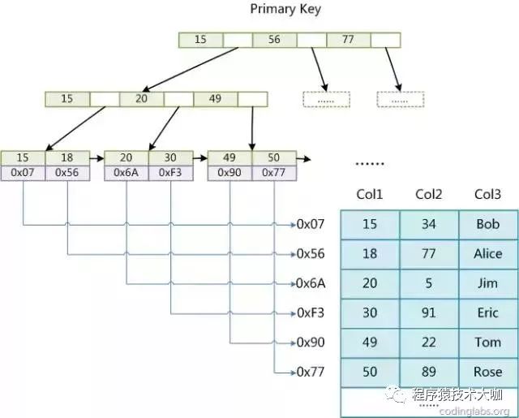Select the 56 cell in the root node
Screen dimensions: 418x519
(274, 39)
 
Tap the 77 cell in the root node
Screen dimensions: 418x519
(348, 39)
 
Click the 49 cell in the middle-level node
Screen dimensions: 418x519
(215, 99)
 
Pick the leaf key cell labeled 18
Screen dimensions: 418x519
(66, 157)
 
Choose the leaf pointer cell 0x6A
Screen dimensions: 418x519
(127, 172)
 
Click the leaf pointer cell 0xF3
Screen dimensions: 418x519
(170, 172)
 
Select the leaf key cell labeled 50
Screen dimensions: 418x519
(274, 157)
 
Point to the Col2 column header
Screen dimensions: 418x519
(429, 194)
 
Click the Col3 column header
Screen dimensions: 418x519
(487, 194)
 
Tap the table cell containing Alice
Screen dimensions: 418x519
(487, 254)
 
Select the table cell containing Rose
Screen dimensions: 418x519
(487, 372)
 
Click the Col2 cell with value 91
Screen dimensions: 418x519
(429, 313)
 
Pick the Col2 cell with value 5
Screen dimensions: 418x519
(429, 283)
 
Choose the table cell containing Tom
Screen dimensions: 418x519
(487, 343)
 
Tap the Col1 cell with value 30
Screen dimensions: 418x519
(370, 313)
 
